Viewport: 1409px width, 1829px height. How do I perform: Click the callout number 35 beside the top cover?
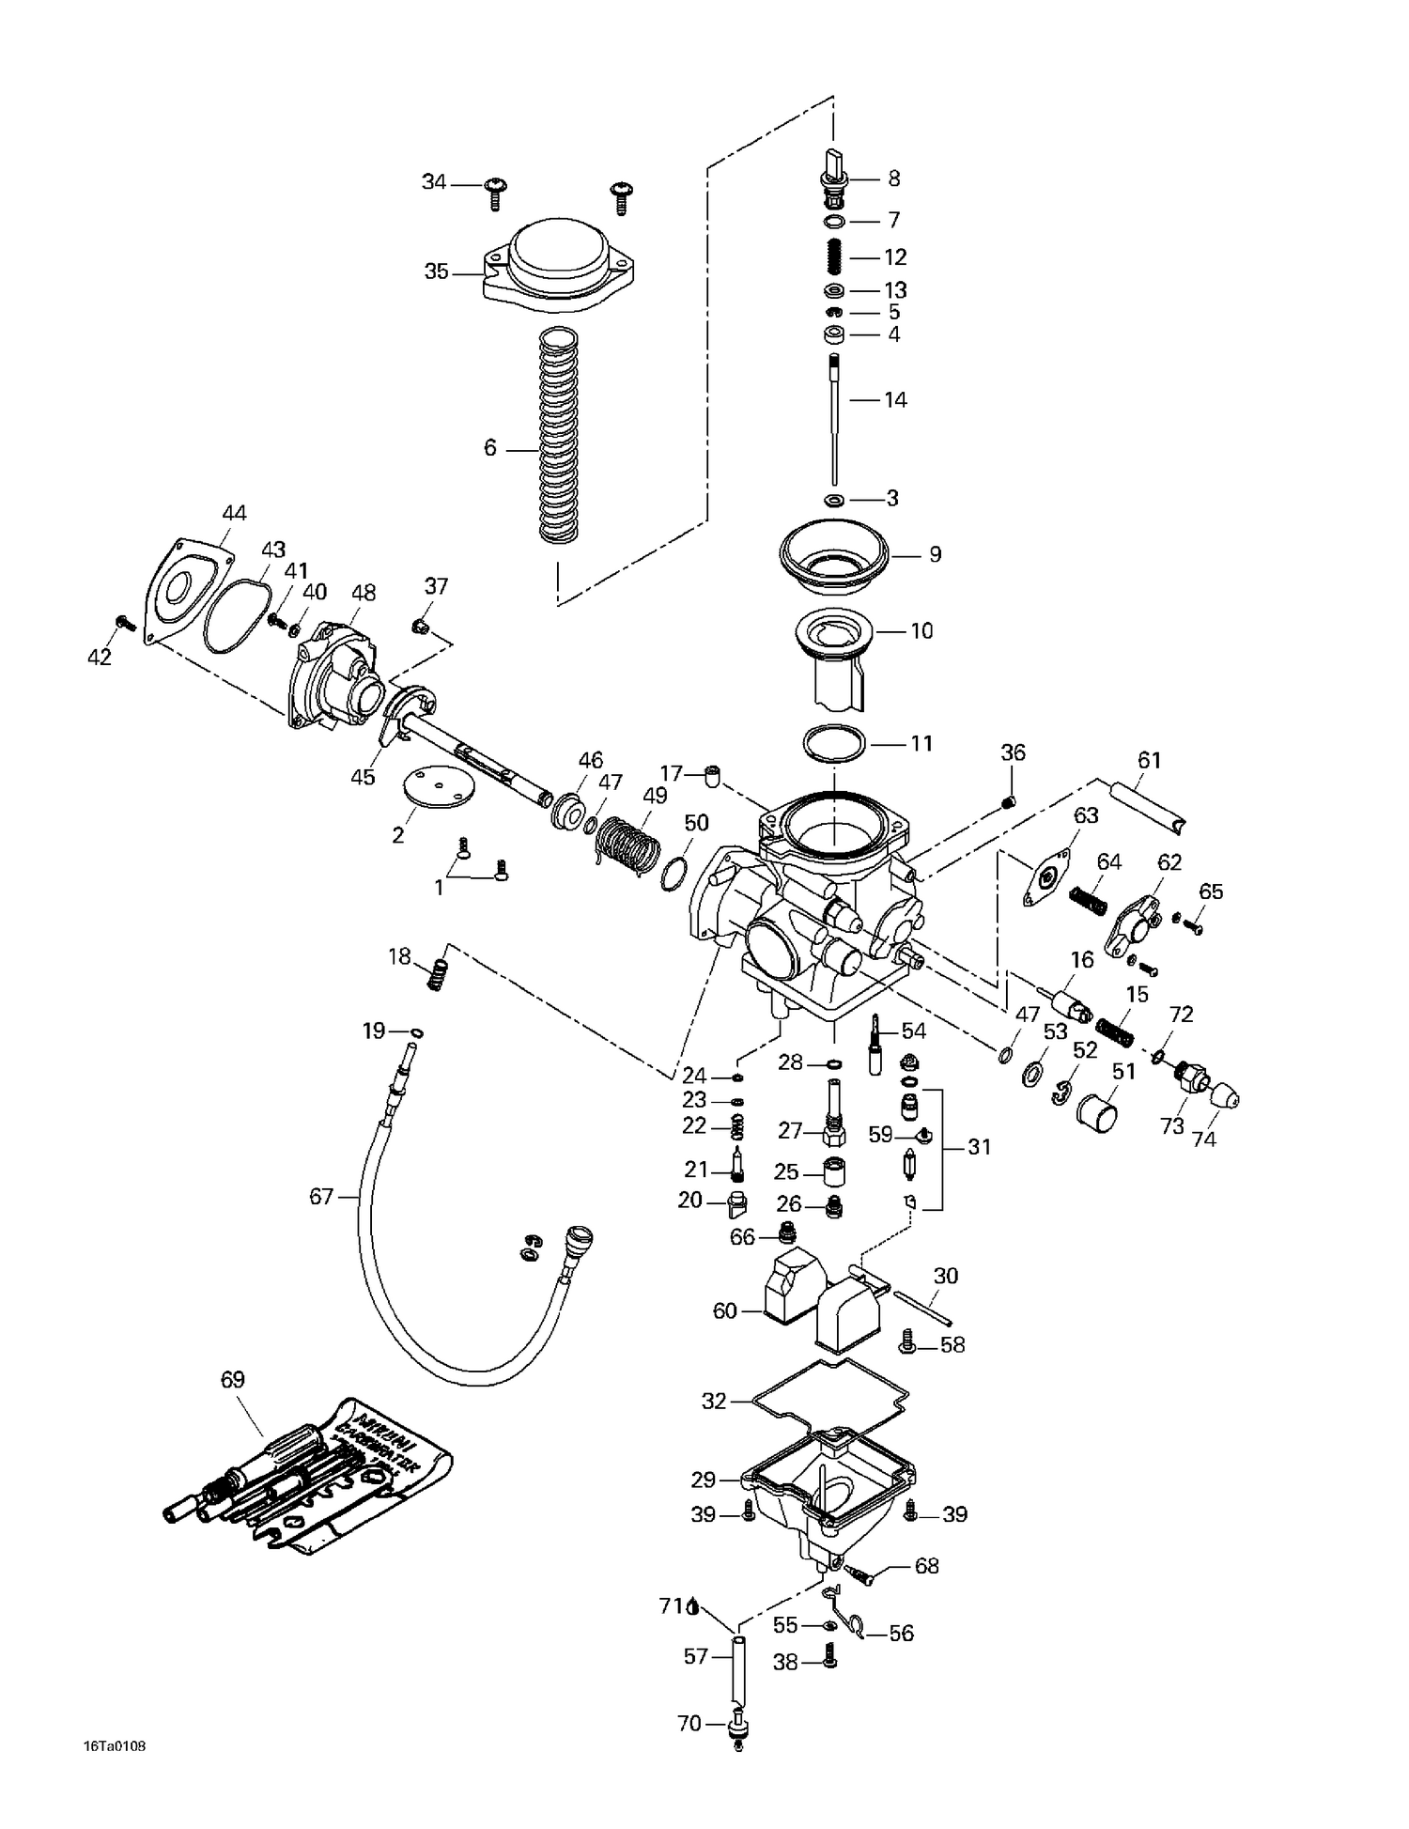tap(436, 272)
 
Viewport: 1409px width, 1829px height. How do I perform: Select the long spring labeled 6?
tap(558, 437)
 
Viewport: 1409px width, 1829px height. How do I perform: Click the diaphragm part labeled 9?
tap(834, 555)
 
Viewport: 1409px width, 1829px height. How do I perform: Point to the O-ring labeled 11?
tap(834, 744)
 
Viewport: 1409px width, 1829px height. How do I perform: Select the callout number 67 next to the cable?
tap(321, 1197)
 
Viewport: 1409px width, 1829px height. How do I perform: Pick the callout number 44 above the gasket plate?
tap(234, 513)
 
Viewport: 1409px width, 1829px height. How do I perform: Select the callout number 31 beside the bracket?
tap(979, 1147)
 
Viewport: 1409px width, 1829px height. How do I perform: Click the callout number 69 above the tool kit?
tap(232, 1379)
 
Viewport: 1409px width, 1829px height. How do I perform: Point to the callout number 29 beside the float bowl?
tap(704, 1480)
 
